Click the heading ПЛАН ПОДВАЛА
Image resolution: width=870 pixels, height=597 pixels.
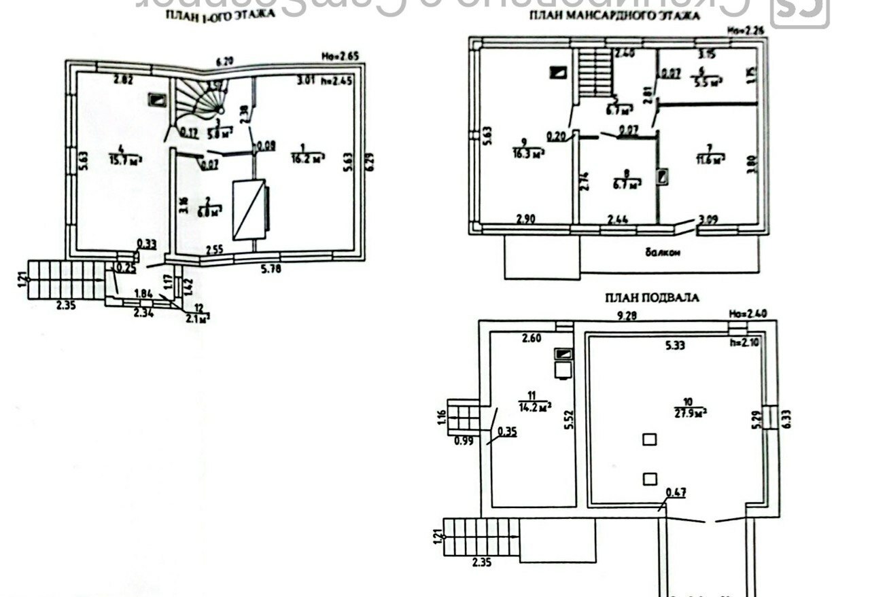[652, 297]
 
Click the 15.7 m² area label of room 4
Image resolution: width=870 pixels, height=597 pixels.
[125, 160]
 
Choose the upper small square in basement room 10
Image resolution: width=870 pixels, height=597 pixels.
[650, 439]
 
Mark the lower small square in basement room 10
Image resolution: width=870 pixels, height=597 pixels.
[650, 480]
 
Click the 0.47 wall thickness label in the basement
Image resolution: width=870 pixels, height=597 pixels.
[676, 492]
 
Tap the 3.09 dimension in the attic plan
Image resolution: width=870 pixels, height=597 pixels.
[709, 220]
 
